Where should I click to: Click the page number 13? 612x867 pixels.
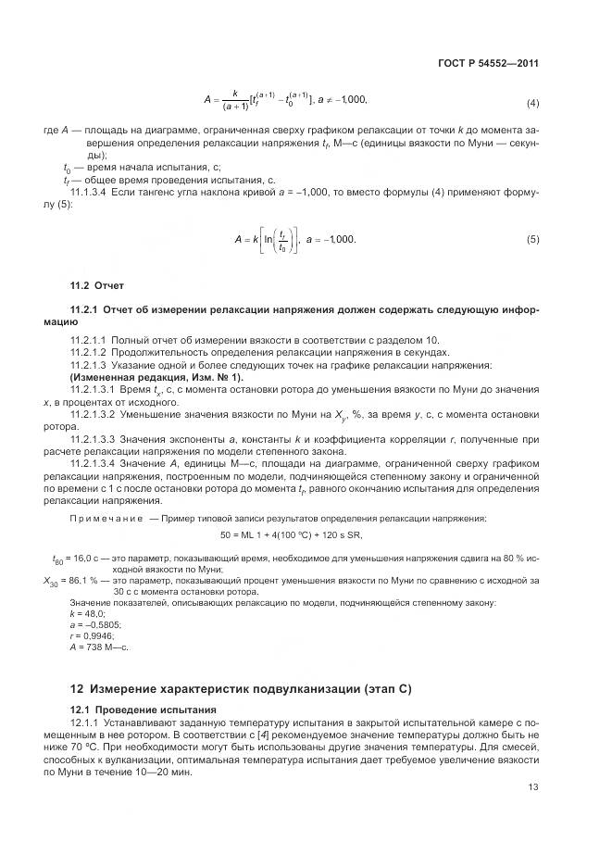532,813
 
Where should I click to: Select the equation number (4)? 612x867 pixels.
532,102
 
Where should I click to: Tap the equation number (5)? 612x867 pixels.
532,240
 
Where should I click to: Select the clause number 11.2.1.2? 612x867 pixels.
91,354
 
